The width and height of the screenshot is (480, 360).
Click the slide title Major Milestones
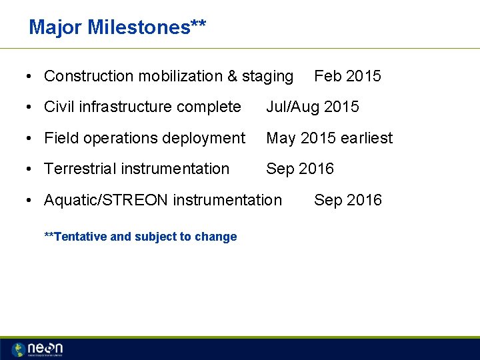(117, 27)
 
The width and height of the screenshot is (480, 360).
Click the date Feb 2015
(347, 76)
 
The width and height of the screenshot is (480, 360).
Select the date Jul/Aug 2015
(312, 107)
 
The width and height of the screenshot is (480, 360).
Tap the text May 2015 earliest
(329, 138)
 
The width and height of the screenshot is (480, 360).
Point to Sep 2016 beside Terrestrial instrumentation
(300, 169)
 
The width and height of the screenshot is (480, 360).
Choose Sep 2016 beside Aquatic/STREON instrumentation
(347, 200)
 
